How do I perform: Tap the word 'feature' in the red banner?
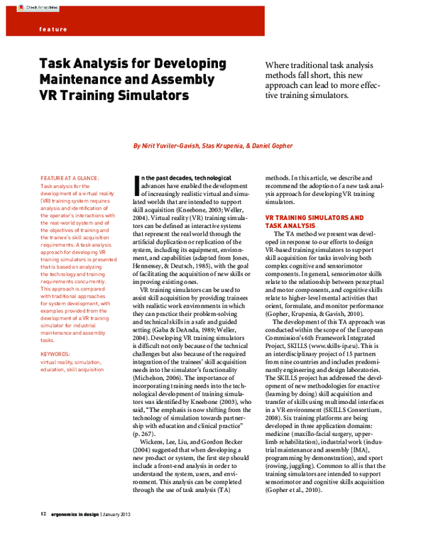tap(52, 29)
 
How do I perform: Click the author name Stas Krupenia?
tap(225, 146)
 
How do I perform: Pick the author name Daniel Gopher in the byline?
tap(272, 146)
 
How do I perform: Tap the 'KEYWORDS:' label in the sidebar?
tap(55, 353)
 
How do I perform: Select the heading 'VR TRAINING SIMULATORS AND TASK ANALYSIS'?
tap(314, 221)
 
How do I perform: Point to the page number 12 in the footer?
tap(43, 533)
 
